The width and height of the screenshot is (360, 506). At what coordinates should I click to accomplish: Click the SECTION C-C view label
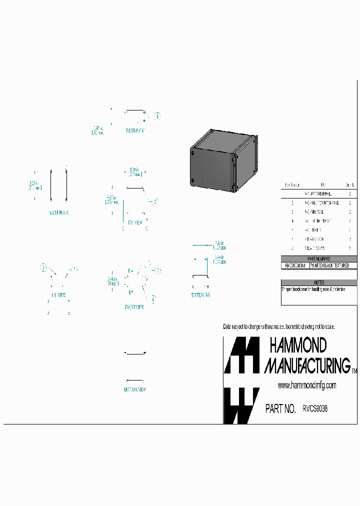134,130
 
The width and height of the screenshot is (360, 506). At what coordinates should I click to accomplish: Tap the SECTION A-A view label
58,212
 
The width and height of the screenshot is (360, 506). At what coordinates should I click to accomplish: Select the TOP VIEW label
135,221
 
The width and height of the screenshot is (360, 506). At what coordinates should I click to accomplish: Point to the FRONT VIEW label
134,307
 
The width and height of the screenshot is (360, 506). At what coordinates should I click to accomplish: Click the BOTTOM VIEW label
134,389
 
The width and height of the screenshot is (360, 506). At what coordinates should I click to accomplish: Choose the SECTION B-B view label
200,295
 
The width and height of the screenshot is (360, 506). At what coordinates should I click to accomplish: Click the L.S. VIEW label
58,294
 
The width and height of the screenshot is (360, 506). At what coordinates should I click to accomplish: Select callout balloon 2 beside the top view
155,202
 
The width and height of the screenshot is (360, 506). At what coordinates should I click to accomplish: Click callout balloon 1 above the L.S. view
44,267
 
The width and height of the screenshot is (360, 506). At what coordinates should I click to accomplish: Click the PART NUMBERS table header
319,258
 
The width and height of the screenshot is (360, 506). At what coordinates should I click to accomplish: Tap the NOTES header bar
319,282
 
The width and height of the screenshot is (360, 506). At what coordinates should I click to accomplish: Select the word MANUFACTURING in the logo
307,365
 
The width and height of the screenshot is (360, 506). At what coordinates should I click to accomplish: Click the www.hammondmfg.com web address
306,385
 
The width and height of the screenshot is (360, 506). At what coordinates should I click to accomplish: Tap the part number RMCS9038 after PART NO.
315,408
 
